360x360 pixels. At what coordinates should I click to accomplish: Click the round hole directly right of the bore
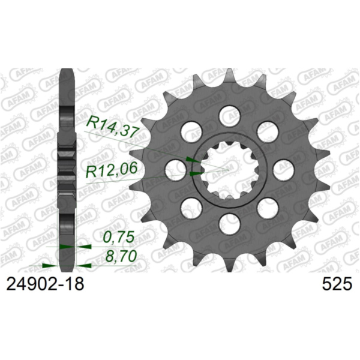pyautogui.click(x=284, y=169)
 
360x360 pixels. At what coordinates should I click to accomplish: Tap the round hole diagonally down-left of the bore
pyautogui.click(x=190, y=208)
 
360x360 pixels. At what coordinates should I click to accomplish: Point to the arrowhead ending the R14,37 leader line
pyautogui.click(x=191, y=160)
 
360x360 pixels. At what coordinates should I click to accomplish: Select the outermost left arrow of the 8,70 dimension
pyautogui.click(x=46, y=264)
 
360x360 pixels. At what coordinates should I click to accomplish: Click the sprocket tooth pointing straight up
pyautogui.click(x=229, y=76)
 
